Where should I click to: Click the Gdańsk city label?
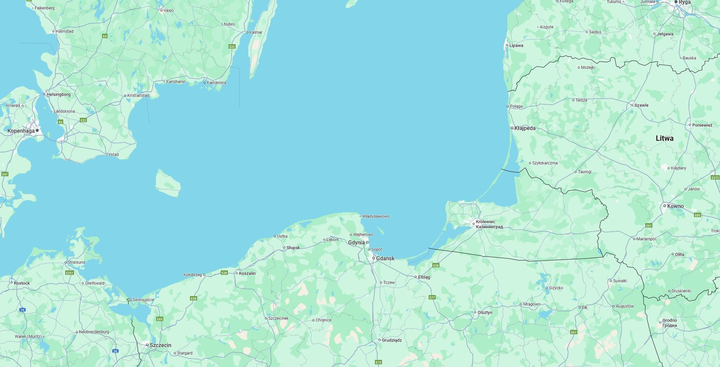click(385, 259)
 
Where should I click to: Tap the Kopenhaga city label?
click(21, 131)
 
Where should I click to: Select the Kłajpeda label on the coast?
click(525, 128)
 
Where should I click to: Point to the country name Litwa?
click(664, 139)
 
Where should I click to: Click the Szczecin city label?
click(160, 345)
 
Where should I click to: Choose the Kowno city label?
click(675, 206)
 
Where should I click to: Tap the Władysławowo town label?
click(376, 217)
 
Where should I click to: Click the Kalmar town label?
click(256, 33)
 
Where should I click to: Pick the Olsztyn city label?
click(484, 313)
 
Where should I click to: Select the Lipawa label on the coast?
click(516, 46)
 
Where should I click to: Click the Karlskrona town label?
click(216, 83)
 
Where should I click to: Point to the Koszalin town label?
click(247, 274)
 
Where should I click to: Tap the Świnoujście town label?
click(143, 300)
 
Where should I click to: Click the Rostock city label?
click(22, 283)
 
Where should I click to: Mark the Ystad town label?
click(113, 155)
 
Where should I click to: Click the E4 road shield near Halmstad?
click(105, 36)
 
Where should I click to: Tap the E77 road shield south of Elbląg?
click(432, 297)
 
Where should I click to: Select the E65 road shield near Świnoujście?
click(160, 319)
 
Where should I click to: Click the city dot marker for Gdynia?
click(367, 242)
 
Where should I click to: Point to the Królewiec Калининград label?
click(489, 224)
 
